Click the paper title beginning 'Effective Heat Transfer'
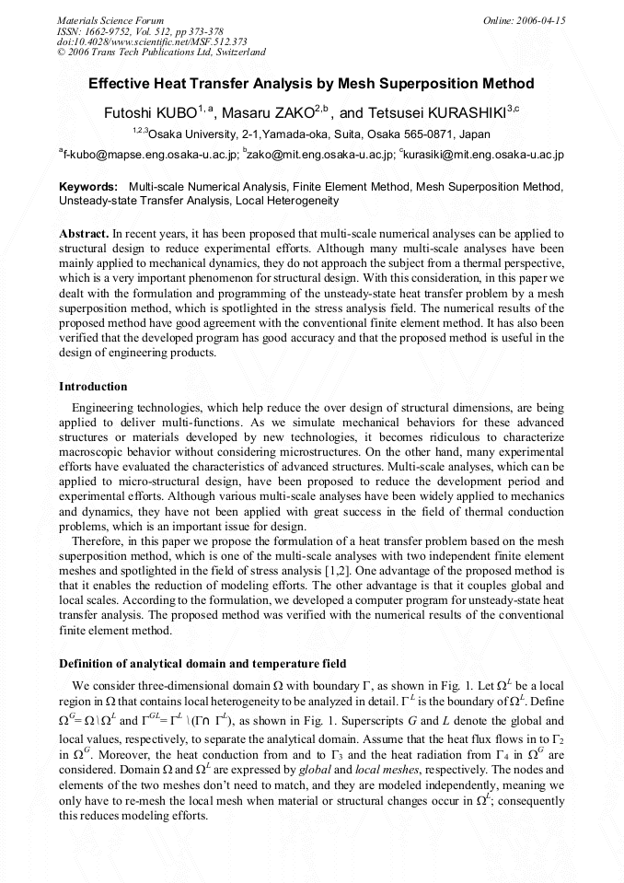point(311,84)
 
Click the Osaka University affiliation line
point(311,134)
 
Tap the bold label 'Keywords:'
point(88,187)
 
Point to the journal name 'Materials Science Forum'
point(110,20)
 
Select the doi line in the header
point(152,41)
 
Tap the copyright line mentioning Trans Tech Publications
point(161,52)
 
